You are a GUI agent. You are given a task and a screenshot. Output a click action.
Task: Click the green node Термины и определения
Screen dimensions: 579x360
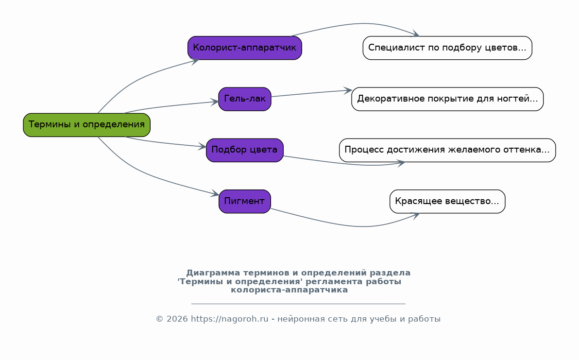click(x=87, y=125)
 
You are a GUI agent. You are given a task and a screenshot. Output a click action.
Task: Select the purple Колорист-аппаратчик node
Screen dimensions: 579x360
click(x=245, y=48)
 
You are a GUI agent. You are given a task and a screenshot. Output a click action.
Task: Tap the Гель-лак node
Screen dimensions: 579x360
click(x=245, y=99)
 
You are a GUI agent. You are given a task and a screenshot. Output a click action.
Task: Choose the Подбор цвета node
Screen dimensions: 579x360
click(x=245, y=150)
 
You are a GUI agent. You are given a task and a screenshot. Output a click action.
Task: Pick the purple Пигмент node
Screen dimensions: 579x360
click(x=245, y=201)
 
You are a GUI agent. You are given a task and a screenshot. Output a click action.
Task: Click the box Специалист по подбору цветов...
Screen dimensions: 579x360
click(x=447, y=48)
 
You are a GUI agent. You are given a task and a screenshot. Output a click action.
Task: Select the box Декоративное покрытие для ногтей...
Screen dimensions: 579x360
click(x=447, y=99)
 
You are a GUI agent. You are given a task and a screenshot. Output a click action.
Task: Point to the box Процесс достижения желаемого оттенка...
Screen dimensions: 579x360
click(x=447, y=150)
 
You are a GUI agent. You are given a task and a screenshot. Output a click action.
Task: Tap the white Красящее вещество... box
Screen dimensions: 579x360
click(x=447, y=201)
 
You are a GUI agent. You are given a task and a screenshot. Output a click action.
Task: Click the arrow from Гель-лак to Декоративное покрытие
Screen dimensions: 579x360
click(x=311, y=93)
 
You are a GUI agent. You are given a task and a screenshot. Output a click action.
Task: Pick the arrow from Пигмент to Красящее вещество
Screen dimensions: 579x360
click(x=355, y=225)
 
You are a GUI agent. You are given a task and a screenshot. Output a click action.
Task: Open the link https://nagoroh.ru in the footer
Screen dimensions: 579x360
click(x=229, y=319)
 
